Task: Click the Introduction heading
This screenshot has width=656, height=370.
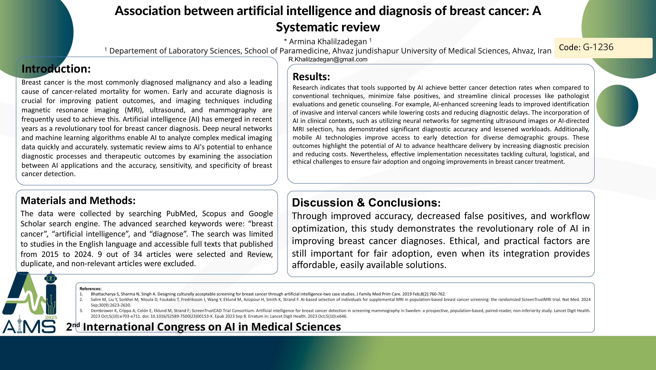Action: tap(56, 69)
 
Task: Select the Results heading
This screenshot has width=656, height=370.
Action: tap(311, 77)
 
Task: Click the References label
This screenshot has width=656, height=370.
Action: tap(90, 289)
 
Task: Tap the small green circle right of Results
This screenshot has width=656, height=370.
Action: tap(617, 106)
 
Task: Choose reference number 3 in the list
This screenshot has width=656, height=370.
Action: tap(81, 311)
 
